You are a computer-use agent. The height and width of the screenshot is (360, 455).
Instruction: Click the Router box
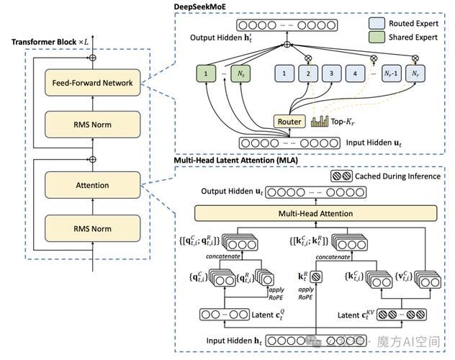[289, 122]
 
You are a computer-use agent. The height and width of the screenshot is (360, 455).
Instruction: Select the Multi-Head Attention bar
[316, 213]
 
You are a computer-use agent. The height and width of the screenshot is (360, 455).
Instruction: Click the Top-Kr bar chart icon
[320, 121]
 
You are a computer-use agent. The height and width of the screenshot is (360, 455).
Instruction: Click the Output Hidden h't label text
[215, 37]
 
